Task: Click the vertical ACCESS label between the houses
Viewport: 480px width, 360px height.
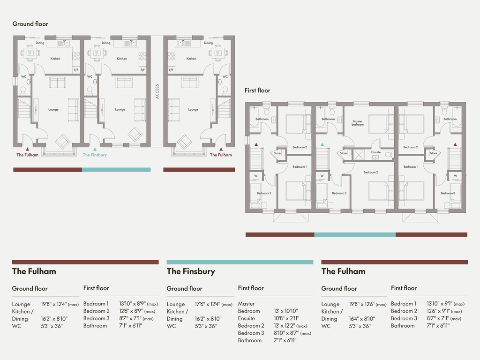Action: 157,91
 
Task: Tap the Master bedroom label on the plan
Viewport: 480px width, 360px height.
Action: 358,123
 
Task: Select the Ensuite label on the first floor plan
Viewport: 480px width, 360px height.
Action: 376,152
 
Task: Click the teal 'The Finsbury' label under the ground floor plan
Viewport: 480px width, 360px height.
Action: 95,155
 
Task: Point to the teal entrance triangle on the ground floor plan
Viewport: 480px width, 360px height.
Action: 95,149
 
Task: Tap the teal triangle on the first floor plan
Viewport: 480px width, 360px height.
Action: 322,144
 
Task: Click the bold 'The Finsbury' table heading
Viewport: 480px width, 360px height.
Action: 191,271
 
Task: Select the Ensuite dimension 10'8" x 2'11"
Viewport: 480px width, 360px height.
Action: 286,318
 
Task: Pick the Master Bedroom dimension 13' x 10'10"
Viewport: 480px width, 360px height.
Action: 286,311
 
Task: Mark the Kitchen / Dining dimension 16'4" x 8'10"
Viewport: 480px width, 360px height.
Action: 362,319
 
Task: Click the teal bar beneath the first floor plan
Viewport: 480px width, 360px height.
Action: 355,234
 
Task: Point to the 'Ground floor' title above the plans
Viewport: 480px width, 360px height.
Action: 30,24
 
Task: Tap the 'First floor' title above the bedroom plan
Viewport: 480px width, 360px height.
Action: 257,90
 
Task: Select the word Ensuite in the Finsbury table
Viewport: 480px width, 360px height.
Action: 247,318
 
